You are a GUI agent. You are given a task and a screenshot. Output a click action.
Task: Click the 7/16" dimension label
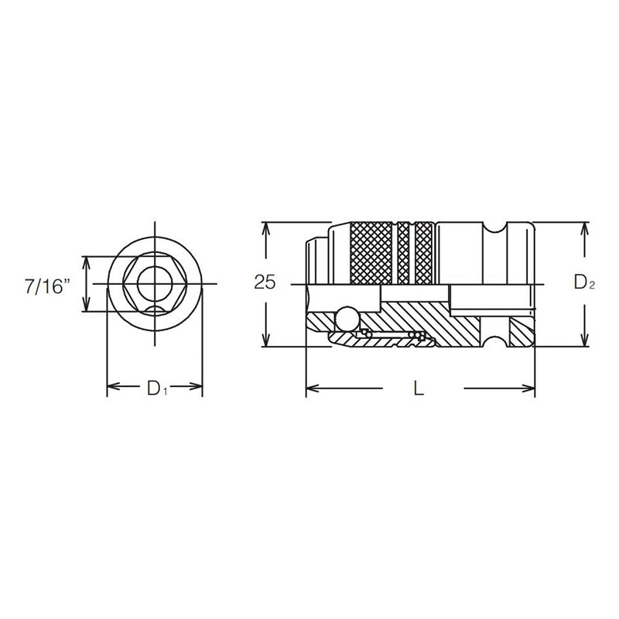point(47,286)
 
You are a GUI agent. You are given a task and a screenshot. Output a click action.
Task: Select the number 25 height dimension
point(265,283)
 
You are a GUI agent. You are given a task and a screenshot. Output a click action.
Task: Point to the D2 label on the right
point(584,284)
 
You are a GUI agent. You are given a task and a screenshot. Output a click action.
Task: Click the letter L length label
point(419,389)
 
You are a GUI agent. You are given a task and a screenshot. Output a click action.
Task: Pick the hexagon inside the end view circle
point(154,284)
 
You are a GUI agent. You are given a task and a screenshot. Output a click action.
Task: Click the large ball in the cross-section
point(346,317)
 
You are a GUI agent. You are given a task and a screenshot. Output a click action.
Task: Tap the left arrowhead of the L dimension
point(310,388)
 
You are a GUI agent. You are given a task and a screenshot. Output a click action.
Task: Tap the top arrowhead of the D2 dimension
point(584,227)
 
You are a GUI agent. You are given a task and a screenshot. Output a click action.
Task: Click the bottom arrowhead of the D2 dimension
point(584,342)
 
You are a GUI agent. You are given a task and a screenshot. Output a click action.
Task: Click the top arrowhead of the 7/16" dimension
point(86,261)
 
